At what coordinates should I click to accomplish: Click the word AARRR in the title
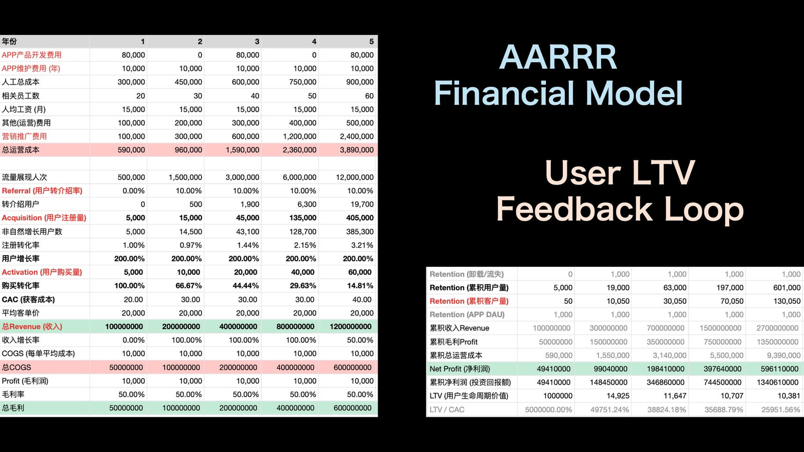(558, 57)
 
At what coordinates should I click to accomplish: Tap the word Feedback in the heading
(574, 209)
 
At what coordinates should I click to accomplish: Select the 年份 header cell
(9, 42)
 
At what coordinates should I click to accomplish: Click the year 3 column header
(257, 42)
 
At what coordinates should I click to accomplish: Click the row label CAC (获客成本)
(29, 300)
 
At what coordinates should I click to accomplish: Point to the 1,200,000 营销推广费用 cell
(299, 136)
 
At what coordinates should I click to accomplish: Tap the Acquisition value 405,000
(359, 218)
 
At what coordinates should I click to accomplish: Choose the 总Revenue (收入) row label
(32, 327)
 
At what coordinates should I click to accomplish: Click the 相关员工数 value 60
(369, 96)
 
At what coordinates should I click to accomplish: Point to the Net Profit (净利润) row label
(459, 369)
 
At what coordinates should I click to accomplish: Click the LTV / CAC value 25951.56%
(780, 409)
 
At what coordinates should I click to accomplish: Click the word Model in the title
(634, 93)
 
